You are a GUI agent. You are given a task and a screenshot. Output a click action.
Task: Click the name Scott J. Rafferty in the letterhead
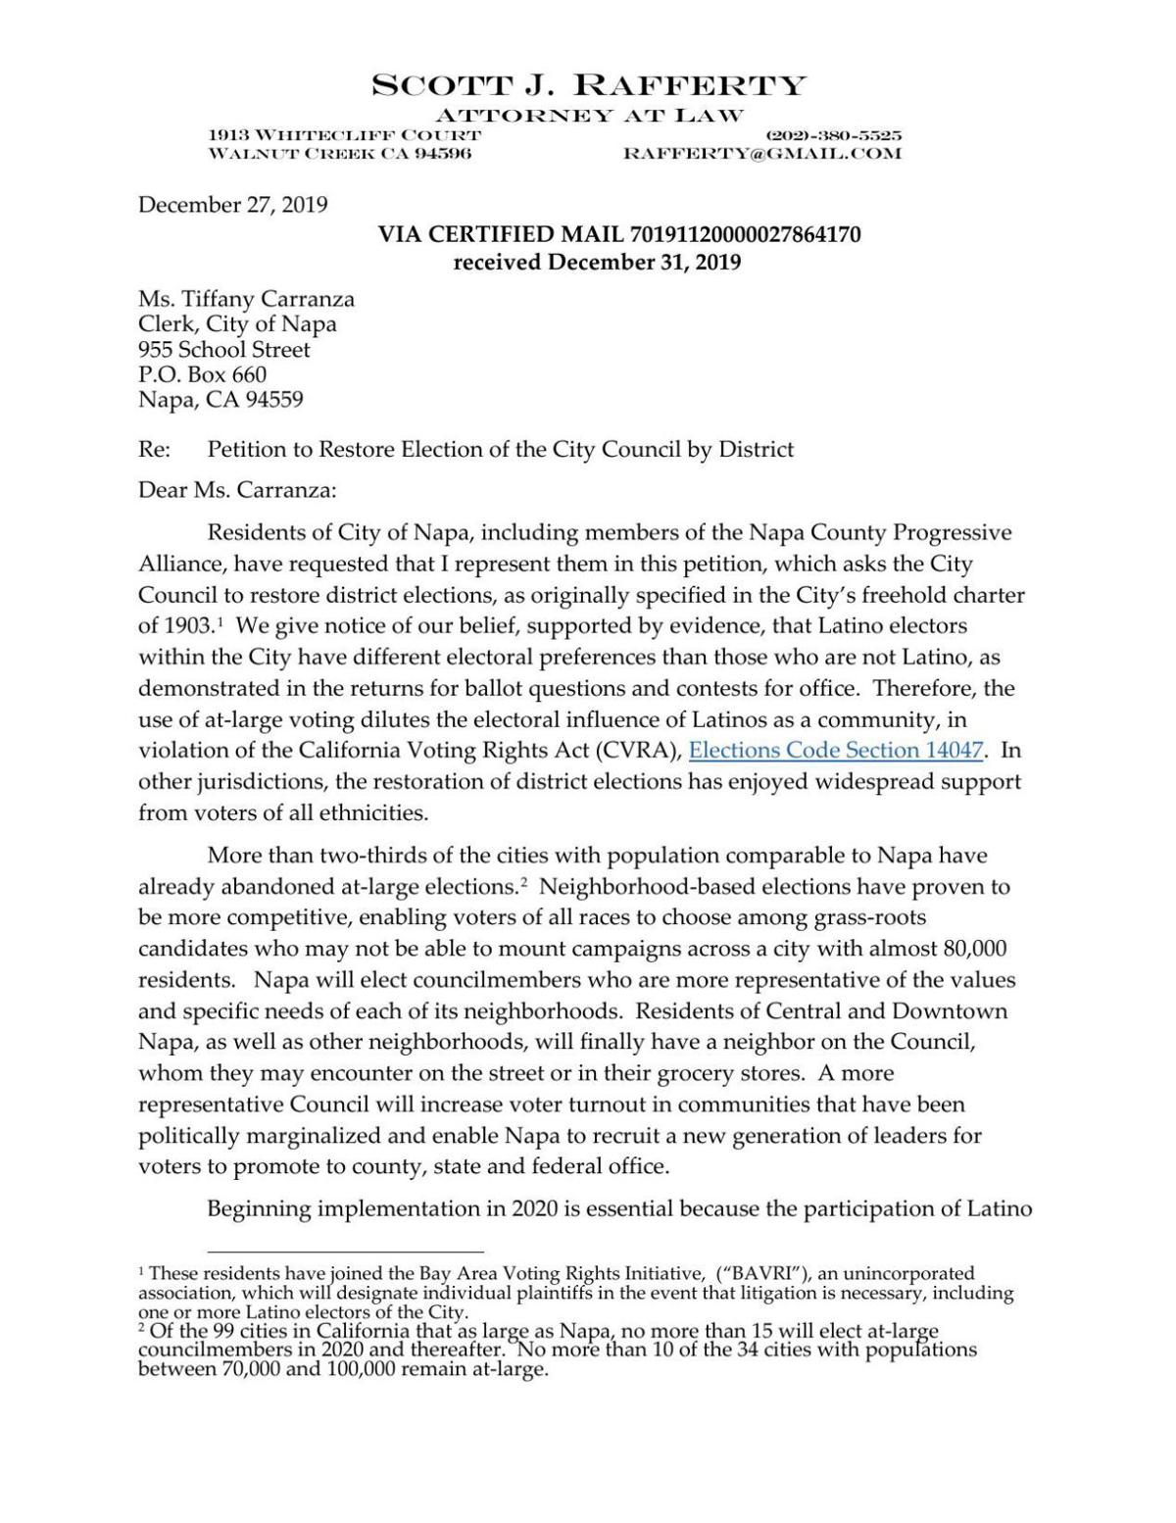point(588,85)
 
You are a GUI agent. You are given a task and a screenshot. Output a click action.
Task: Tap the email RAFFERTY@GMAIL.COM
point(761,154)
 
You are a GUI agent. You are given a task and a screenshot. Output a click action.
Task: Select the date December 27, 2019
point(232,205)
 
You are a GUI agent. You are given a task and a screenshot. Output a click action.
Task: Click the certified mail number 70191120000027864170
point(745,234)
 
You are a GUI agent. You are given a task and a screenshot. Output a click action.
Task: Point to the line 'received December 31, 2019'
point(596,262)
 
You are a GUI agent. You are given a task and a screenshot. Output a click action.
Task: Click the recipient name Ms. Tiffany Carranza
point(246,299)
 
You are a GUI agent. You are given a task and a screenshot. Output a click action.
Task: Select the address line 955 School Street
point(223,350)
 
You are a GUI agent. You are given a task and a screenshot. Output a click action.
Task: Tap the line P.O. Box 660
point(202,374)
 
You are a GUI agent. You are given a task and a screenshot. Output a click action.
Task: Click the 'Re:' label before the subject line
point(155,450)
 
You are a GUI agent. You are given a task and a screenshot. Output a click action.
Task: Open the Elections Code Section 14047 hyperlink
point(836,751)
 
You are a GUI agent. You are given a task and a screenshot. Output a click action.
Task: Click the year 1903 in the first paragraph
point(187,625)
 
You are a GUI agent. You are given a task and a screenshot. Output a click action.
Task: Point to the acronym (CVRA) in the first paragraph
point(646,751)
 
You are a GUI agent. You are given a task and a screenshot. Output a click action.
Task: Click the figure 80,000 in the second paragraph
point(974,949)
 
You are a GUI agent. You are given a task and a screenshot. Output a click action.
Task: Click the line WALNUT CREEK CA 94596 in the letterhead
point(340,154)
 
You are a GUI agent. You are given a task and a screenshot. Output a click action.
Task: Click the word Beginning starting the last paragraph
point(259,1207)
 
